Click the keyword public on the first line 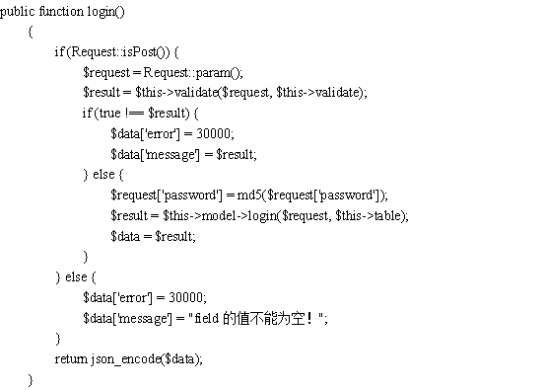pyautogui.click(x=18, y=12)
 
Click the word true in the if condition pyautogui.click(x=109, y=114)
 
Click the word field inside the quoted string pyautogui.click(x=206, y=318)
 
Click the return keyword pyautogui.click(x=71, y=359)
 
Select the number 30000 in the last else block pyautogui.click(x=185, y=297)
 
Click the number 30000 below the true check pyautogui.click(x=214, y=133)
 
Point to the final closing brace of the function pyautogui.click(x=31, y=380)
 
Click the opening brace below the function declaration pyautogui.click(x=31, y=32)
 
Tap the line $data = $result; pyautogui.click(x=153, y=236)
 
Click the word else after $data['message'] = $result pyautogui.click(x=103, y=174)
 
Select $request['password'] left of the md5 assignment pyautogui.click(x=167, y=195)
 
